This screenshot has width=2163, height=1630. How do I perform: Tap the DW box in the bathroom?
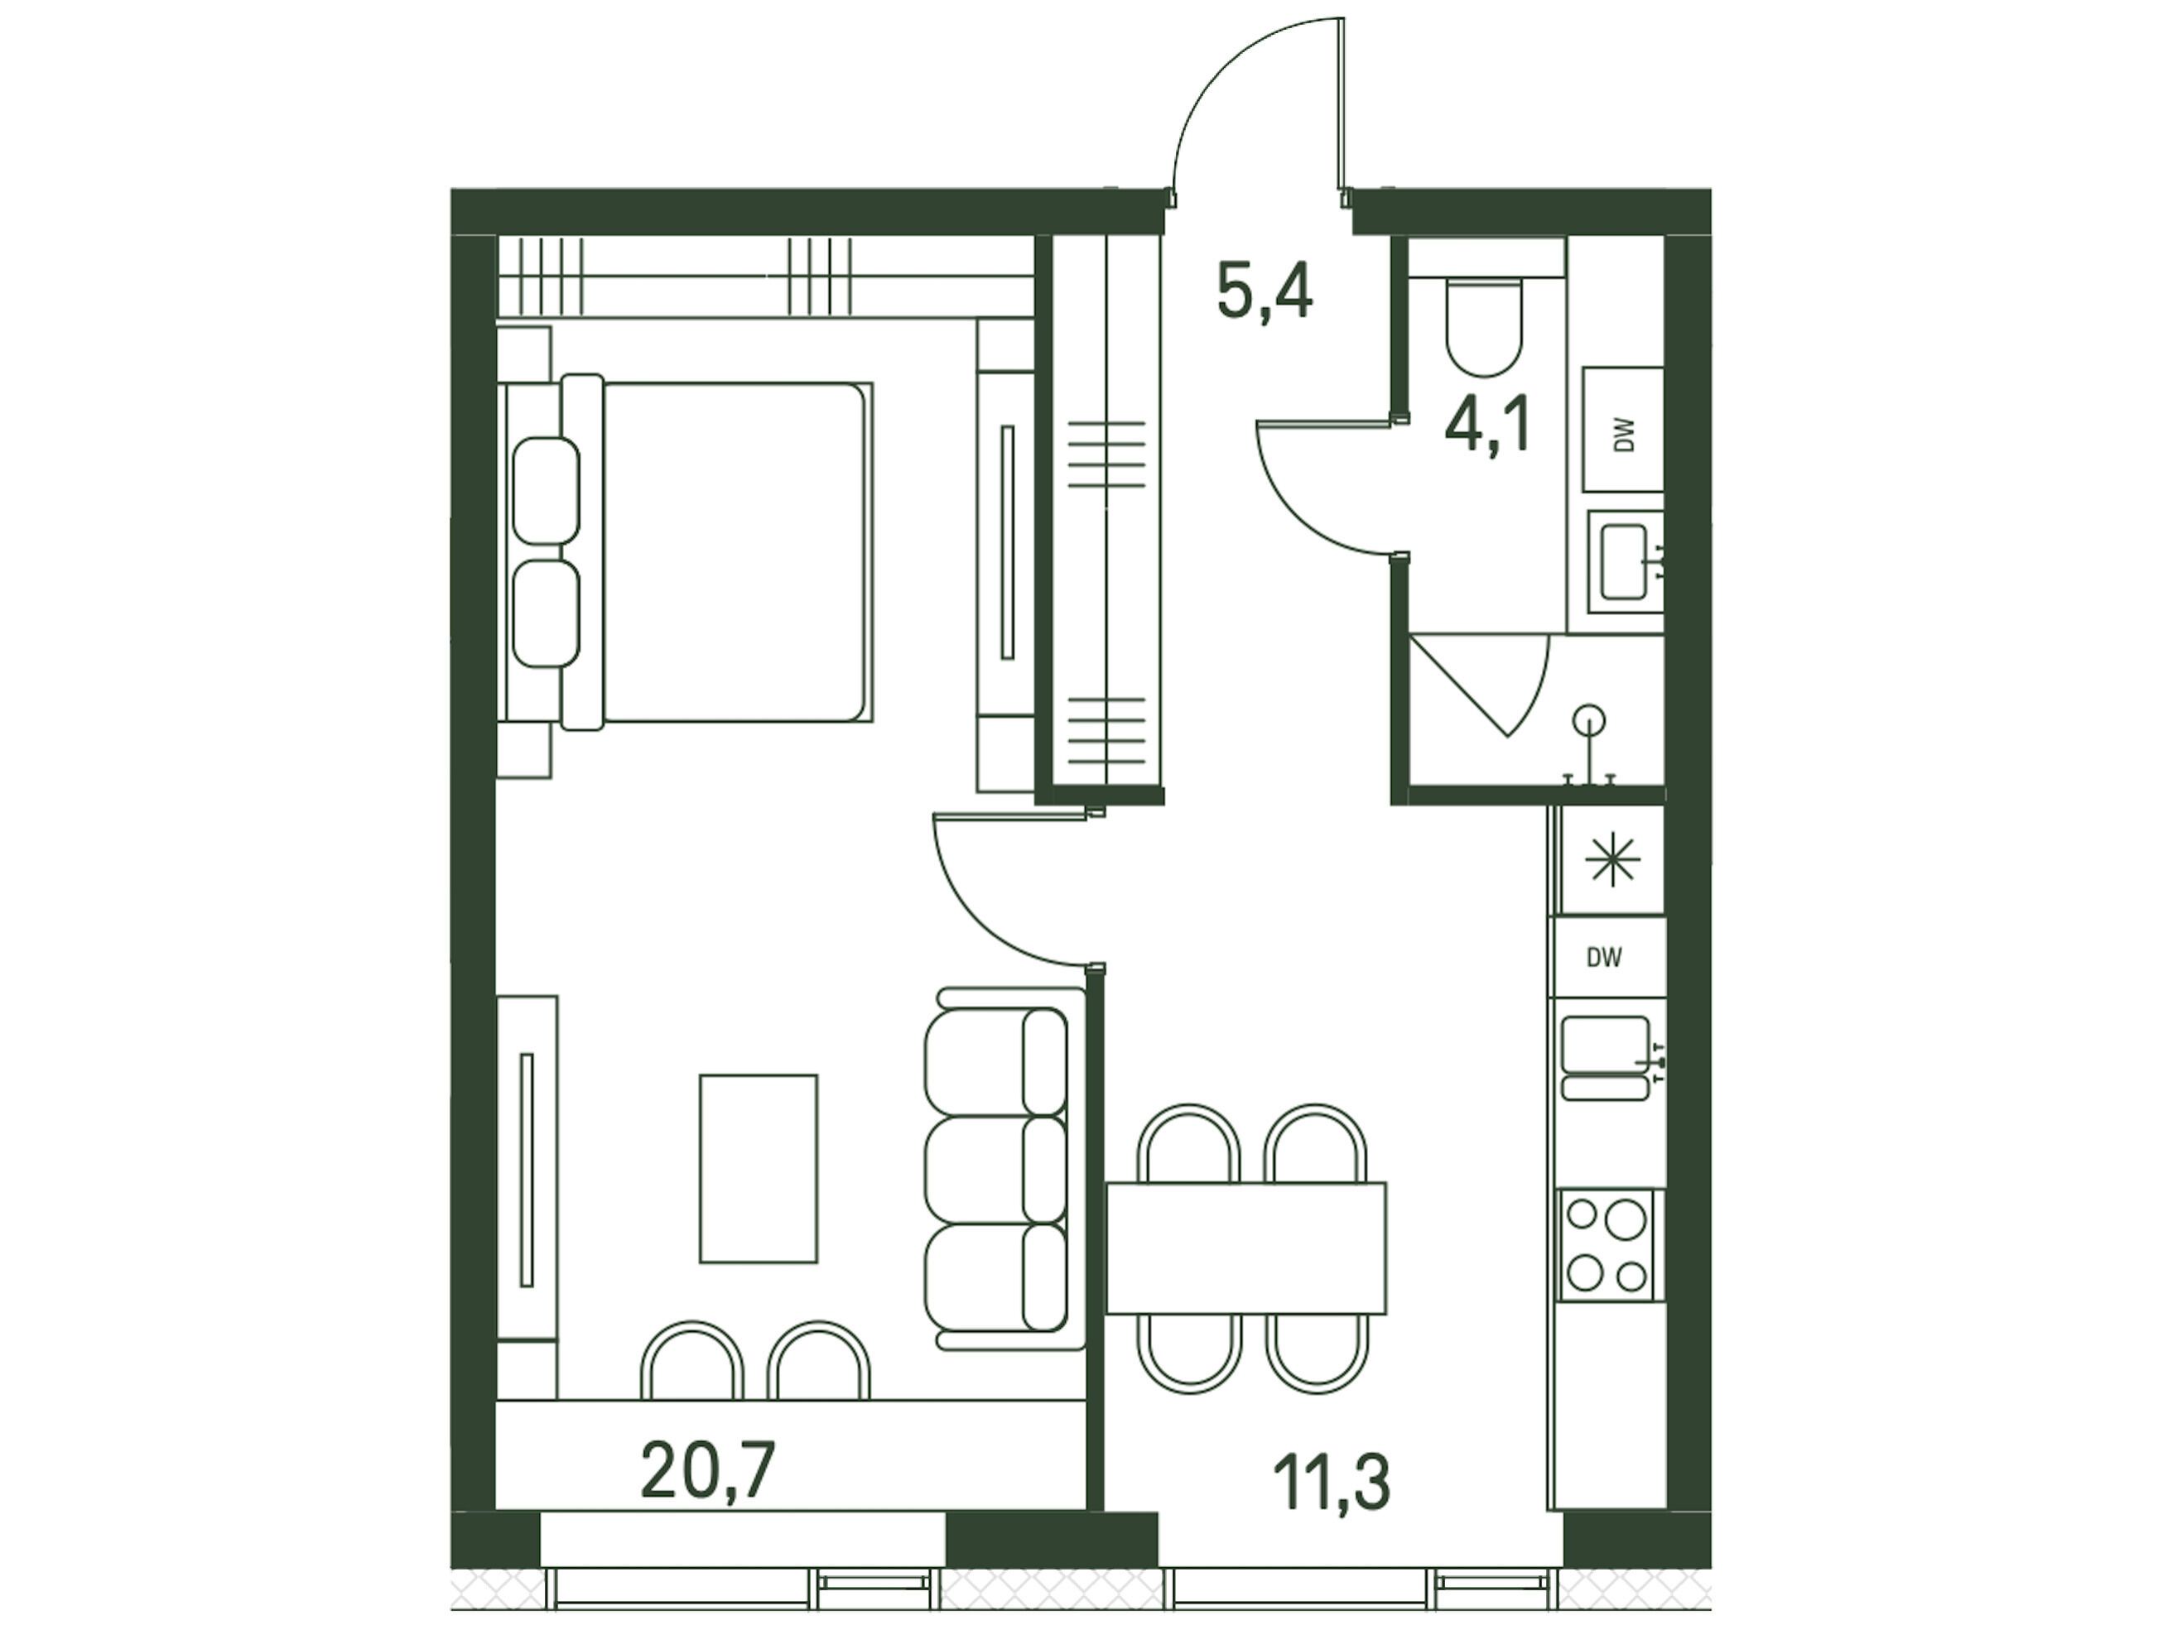pyautogui.click(x=1623, y=430)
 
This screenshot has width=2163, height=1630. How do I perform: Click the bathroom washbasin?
pyautogui.click(x=1626, y=562)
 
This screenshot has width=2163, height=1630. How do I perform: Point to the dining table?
pyautogui.click(x=1247, y=1248)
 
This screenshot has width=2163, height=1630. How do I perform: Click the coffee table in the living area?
pyautogui.click(x=759, y=1168)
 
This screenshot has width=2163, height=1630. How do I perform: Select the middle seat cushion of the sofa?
pyautogui.click(x=995, y=1170)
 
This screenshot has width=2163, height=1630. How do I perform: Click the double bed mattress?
pyautogui.click(x=735, y=552)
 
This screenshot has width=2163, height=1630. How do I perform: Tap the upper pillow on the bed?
pyautogui.click(x=547, y=491)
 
